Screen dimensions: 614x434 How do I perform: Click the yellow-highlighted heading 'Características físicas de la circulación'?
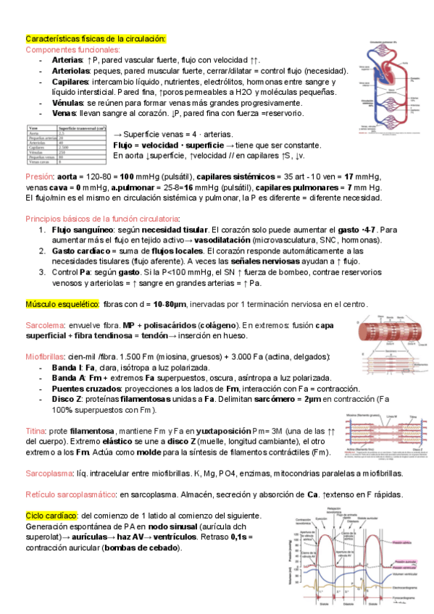point(96,38)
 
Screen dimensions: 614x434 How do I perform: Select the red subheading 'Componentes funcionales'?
point(72,49)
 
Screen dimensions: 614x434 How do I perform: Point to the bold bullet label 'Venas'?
point(64,114)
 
